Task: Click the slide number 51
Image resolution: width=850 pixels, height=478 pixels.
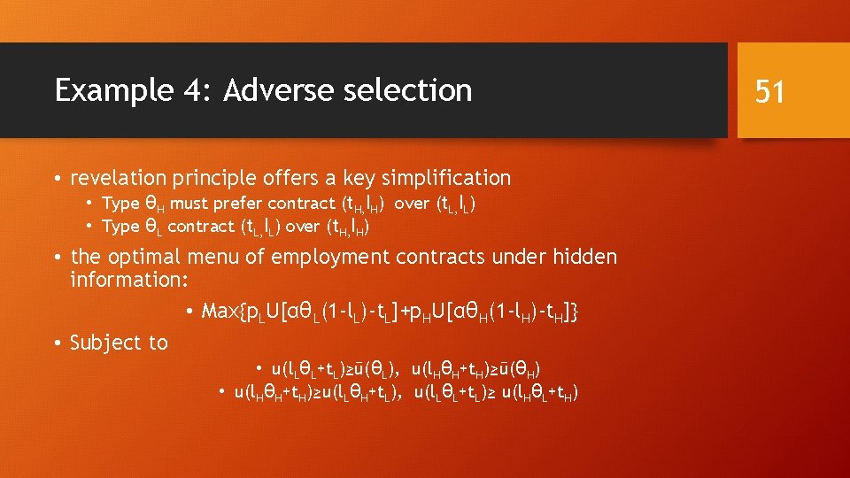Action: coord(769,91)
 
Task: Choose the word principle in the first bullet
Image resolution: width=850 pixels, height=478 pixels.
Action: coord(206,178)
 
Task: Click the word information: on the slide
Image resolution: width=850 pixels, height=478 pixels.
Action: coord(125,280)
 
